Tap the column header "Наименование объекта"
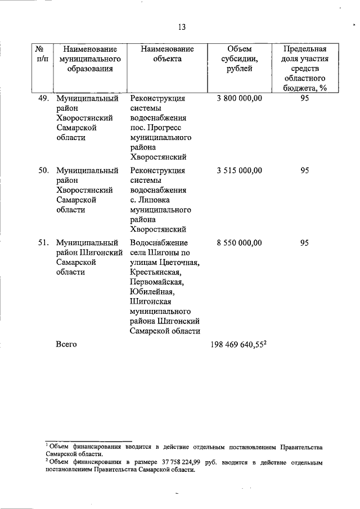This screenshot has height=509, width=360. tap(167, 54)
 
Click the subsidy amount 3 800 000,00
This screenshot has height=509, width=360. tap(239, 98)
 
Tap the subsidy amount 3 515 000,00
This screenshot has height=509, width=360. tap(239, 170)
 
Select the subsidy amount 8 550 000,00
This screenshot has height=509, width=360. tap(239, 242)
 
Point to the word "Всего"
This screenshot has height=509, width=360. tap(66, 343)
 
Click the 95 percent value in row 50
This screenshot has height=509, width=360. tap(304, 170)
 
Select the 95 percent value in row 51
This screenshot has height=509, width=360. tap(304, 242)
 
